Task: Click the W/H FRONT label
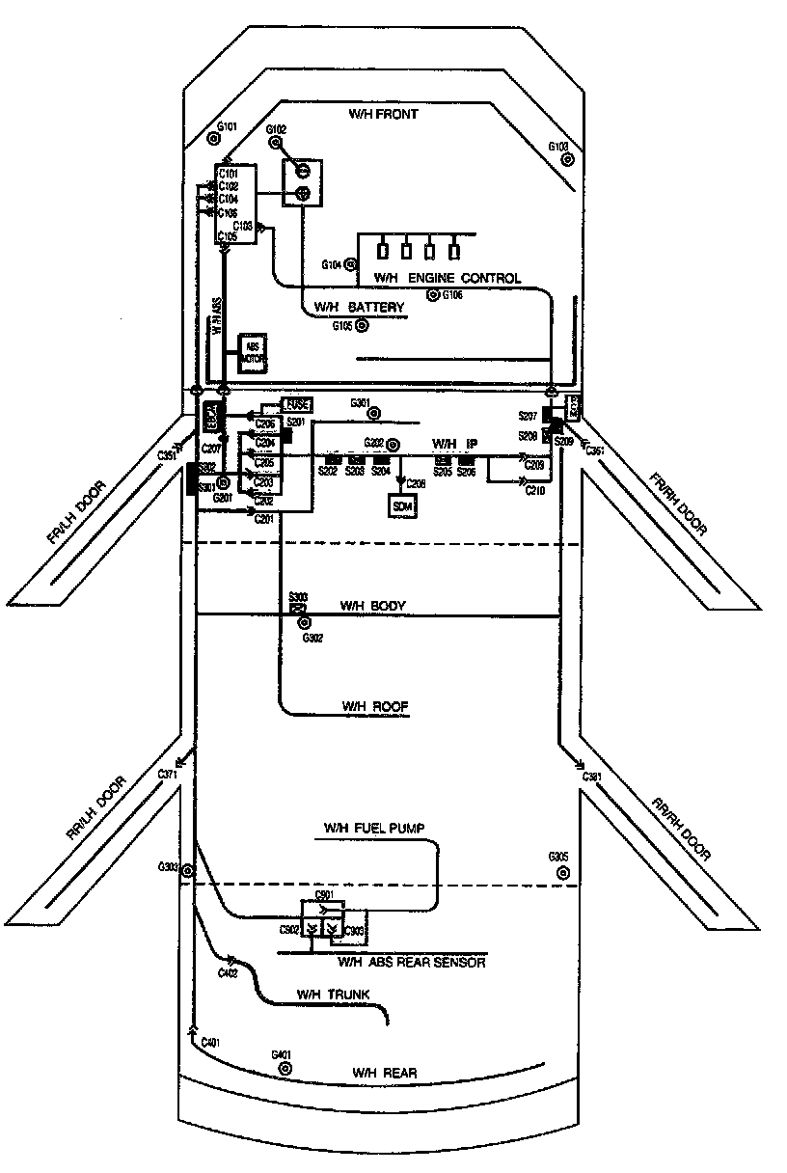click(x=383, y=115)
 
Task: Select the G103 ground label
click(x=558, y=147)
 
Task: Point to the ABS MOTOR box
click(x=252, y=353)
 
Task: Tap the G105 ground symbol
click(x=363, y=326)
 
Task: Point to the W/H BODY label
click(x=372, y=606)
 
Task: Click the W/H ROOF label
click(x=375, y=707)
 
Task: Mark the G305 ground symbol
click(x=561, y=872)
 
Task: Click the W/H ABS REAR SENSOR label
click(x=411, y=962)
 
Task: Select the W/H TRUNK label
click(x=333, y=995)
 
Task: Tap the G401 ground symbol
click(x=285, y=1069)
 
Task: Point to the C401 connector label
click(x=210, y=1043)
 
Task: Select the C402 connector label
click(x=228, y=974)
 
